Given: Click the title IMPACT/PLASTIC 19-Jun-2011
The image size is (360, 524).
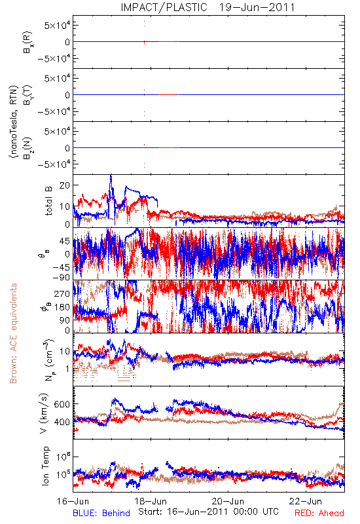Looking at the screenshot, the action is click(x=207, y=7).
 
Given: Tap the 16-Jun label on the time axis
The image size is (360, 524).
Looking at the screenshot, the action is click(x=73, y=501).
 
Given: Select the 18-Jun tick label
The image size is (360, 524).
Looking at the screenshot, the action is click(x=151, y=501).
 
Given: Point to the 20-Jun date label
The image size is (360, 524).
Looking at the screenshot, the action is click(x=228, y=501).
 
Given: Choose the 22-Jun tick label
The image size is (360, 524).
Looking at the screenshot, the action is click(x=306, y=501).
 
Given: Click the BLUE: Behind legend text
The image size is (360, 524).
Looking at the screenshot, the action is click(x=101, y=513).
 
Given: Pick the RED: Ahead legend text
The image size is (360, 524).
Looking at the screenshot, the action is click(x=319, y=513).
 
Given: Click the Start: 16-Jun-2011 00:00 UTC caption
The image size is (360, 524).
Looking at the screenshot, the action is click(x=208, y=512).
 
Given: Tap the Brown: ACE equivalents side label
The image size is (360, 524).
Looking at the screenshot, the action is click(x=13, y=333).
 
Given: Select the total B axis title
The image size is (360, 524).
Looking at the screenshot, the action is click(x=48, y=201).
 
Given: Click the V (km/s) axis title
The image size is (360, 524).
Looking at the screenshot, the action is click(x=43, y=413).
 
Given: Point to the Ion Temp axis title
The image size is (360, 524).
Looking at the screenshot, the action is click(x=45, y=466).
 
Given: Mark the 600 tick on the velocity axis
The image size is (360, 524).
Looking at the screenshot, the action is click(x=62, y=404).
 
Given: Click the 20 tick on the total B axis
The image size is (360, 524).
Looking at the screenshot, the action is click(x=64, y=185).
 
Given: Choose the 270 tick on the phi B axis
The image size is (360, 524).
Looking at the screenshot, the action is click(x=62, y=293).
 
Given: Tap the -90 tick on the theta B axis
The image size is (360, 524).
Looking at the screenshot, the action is click(x=62, y=277).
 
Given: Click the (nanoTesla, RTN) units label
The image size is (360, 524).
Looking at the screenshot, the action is click(x=13, y=121).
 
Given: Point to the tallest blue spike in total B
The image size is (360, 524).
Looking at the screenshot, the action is click(x=111, y=175).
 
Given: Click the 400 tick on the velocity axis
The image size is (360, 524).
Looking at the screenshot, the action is click(x=62, y=422).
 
